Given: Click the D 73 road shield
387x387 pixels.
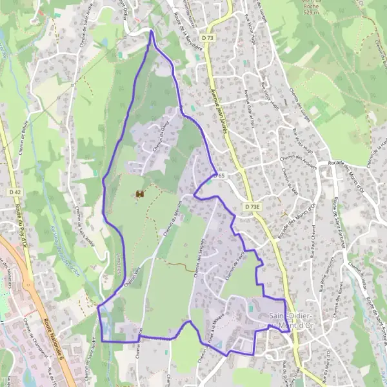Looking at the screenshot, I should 207,39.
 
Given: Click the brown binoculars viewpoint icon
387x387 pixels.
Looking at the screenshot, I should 140,193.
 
